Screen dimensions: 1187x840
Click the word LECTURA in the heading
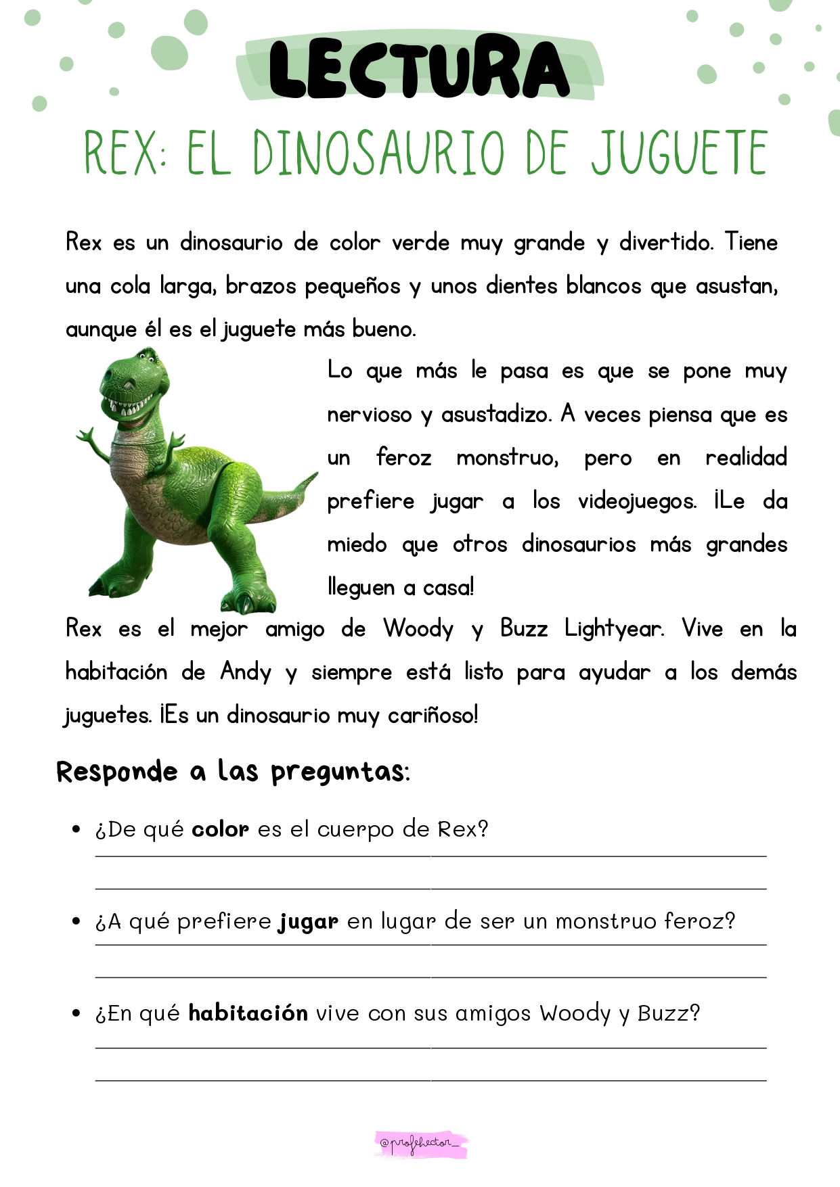point(419,68)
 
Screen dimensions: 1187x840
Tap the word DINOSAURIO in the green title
point(379,153)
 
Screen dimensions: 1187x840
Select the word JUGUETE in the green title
point(680,153)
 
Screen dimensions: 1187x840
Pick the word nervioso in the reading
point(369,414)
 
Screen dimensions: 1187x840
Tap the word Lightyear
point(614,629)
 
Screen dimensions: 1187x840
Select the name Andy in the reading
point(246,672)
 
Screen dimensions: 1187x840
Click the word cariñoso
point(433,715)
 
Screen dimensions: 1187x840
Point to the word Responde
point(117,772)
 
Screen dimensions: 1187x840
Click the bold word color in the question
point(220,829)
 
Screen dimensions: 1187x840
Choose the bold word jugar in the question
point(308,922)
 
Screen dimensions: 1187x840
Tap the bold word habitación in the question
point(248,1013)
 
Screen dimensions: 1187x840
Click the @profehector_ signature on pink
point(421,1144)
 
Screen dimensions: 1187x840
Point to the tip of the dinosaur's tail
point(315,475)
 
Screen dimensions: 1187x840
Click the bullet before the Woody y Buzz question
point(76,1013)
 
